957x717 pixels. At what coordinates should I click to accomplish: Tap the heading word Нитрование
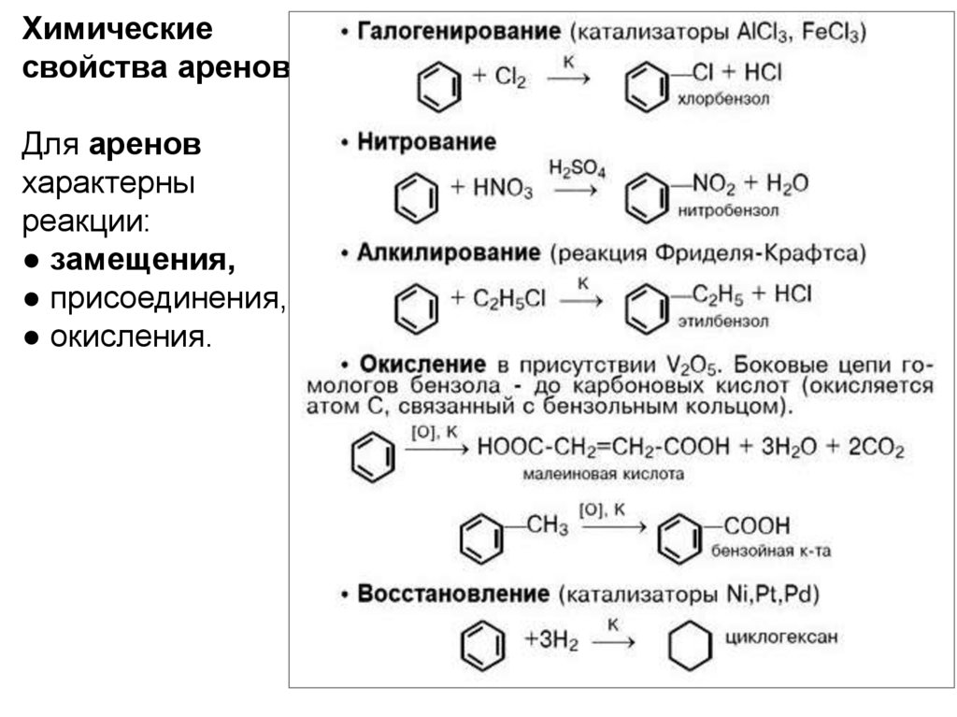click(x=426, y=142)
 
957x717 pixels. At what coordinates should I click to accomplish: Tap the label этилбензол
click(x=724, y=322)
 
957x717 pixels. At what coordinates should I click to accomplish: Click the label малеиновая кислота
click(x=603, y=474)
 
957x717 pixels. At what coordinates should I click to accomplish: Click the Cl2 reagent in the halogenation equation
click(x=510, y=79)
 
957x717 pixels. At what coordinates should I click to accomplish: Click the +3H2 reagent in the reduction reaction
click(x=551, y=641)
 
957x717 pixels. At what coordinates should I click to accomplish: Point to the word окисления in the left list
click(x=130, y=334)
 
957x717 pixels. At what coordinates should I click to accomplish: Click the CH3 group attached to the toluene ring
click(x=548, y=525)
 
